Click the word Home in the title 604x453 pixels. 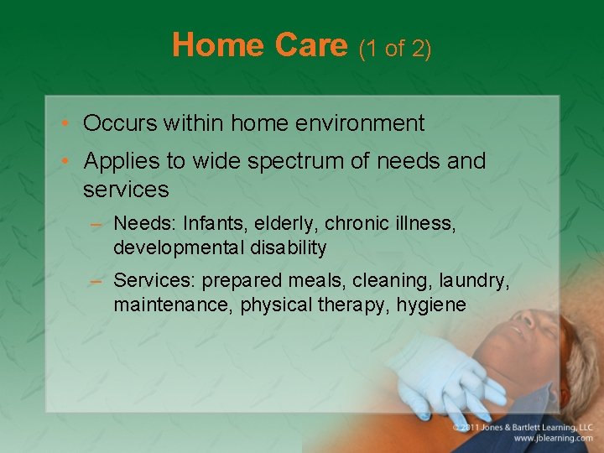(x=218, y=44)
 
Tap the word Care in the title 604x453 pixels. (x=311, y=44)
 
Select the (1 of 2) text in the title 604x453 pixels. (x=395, y=49)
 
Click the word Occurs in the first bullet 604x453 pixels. (x=120, y=122)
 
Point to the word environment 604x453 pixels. (x=360, y=122)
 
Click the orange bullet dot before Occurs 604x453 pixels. (x=65, y=122)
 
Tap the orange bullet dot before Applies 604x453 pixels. (x=65, y=160)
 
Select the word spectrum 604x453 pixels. (x=295, y=162)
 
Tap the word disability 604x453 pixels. (x=289, y=247)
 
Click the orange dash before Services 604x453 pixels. (x=96, y=281)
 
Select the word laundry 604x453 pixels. (x=474, y=281)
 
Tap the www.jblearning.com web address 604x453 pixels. (x=553, y=439)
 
